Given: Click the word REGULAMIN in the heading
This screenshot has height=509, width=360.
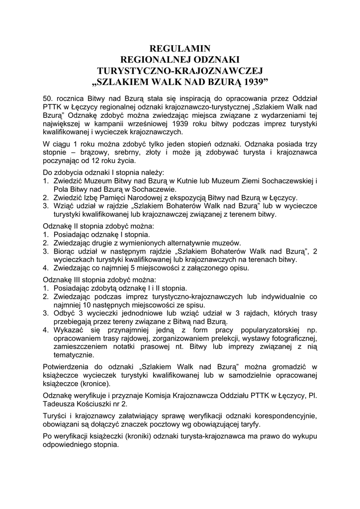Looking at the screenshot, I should [x=180, y=49].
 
